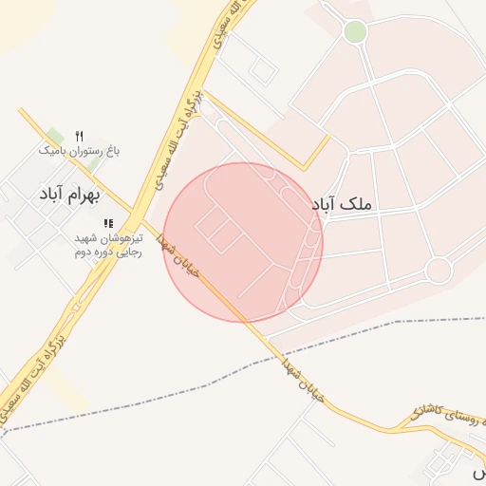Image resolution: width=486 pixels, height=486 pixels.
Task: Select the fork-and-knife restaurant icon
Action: (x=79, y=136)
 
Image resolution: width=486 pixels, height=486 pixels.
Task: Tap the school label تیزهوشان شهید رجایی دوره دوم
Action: (x=108, y=245)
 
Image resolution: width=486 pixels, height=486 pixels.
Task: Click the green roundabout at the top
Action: (x=355, y=32)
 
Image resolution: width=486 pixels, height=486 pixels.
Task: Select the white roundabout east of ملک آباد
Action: (x=439, y=271)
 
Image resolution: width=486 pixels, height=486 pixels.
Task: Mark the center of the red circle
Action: (x=243, y=242)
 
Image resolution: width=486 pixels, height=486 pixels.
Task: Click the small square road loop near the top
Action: (x=263, y=69)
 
